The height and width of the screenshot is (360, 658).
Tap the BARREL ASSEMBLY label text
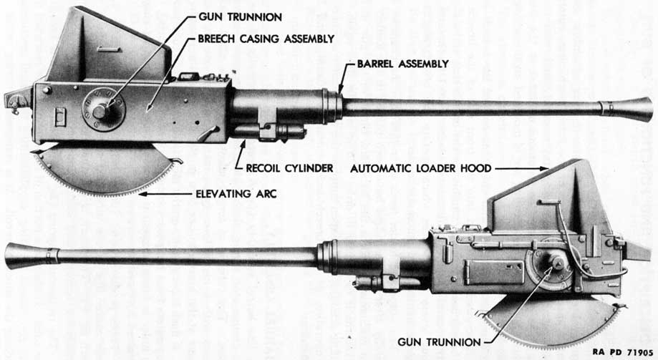pos(402,64)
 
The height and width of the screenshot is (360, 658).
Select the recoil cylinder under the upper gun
pos(268,132)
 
